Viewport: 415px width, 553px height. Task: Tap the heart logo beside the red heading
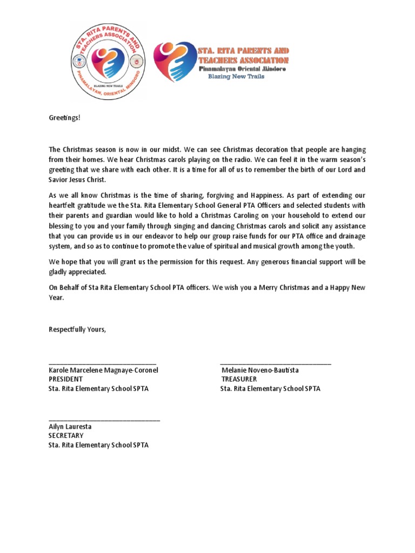pyautogui.click(x=171, y=61)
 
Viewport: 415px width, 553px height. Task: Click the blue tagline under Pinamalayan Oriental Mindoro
pyautogui.click(x=238, y=77)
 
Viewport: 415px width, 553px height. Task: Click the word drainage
pyautogui.click(x=352, y=237)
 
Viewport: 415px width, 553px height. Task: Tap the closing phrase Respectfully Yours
pyautogui.click(x=77, y=329)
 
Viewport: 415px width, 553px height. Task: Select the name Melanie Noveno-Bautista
pyautogui.click(x=260, y=370)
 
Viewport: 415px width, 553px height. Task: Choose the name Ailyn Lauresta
pyautogui.click(x=70, y=427)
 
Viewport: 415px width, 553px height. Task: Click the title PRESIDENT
pyautogui.click(x=65, y=380)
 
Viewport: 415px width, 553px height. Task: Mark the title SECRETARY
pyautogui.click(x=66, y=436)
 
